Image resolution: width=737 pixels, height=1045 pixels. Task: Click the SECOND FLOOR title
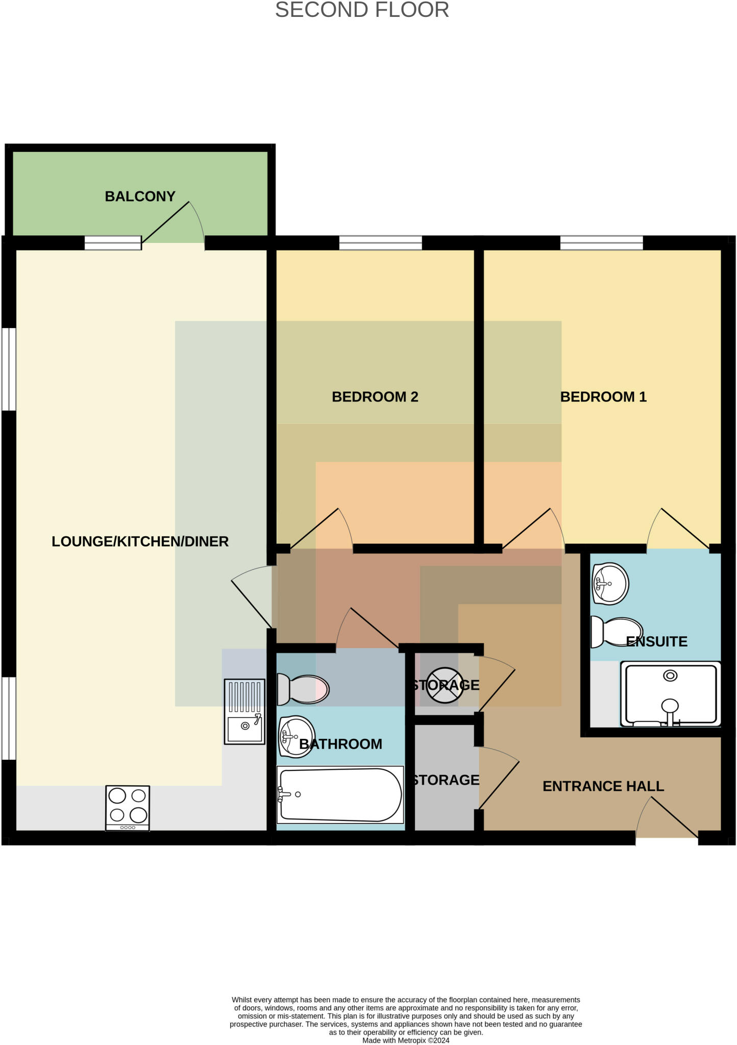(x=362, y=10)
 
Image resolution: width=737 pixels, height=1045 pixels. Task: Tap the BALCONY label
(x=140, y=196)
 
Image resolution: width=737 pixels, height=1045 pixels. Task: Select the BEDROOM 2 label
(x=375, y=396)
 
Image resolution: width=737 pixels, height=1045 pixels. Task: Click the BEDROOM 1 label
(x=603, y=396)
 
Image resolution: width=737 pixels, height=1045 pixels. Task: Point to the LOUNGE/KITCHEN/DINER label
(x=140, y=541)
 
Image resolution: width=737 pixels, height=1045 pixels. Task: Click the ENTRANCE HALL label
(x=603, y=786)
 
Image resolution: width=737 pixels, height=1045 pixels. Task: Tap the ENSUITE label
(x=656, y=641)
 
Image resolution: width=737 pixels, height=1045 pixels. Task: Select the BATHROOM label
(x=340, y=744)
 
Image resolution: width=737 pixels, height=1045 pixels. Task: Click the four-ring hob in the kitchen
(x=128, y=807)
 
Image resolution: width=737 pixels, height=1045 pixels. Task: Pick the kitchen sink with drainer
(x=244, y=711)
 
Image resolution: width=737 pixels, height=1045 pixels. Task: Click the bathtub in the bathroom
(x=340, y=795)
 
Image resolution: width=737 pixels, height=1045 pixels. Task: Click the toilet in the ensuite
(x=616, y=632)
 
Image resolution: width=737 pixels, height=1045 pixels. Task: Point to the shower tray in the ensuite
(x=670, y=694)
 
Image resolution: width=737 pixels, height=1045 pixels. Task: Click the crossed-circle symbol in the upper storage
(x=445, y=685)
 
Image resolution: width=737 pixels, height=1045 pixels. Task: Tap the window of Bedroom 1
(x=601, y=243)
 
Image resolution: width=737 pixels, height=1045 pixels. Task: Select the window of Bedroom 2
(x=380, y=243)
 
